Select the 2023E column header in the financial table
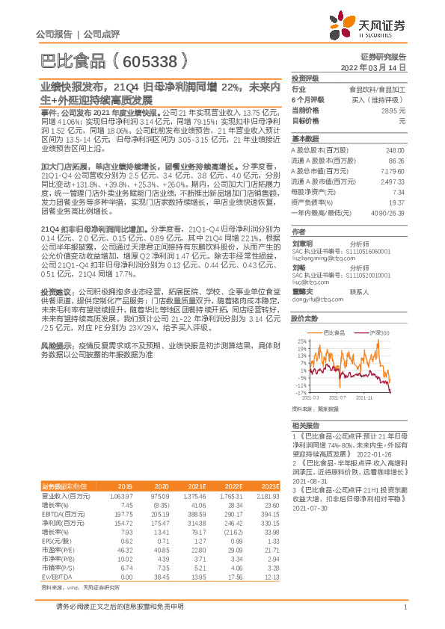pyautogui.click(x=260, y=486)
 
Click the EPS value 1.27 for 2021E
pyautogui.click(x=177, y=541)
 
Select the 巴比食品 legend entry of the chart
pyautogui.click(x=332, y=331)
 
